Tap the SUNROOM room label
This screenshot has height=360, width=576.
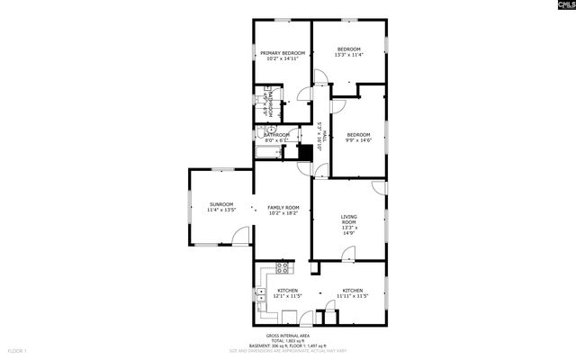pyautogui.click(x=221, y=204)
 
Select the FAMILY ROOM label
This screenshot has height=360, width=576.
pyautogui.click(x=283, y=208)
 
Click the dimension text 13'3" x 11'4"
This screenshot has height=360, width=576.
pyautogui.click(x=348, y=55)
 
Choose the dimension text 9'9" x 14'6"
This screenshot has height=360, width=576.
pyautogui.click(x=358, y=139)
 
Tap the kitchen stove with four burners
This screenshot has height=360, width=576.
pyautogui.click(x=283, y=267)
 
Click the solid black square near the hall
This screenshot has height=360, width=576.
pyautogui.click(x=304, y=152)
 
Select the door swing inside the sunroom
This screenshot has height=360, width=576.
pyautogui.click(x=241, y=237)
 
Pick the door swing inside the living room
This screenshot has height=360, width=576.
pyautogui.click(x=379, y=187)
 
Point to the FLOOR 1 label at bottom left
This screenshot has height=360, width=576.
pyautogui.click(x=18, y=349)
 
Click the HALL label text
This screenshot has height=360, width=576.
pyautogui.click(x=321, y=134)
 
